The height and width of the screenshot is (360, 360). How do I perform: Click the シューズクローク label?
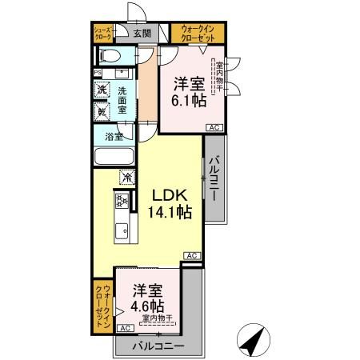(104, 33)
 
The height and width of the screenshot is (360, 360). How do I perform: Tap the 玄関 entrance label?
(141, 33)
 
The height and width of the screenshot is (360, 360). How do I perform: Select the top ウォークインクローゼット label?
(191, 33)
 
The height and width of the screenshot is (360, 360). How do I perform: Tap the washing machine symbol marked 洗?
(102, 91)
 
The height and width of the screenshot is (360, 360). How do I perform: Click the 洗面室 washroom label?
(124, 100)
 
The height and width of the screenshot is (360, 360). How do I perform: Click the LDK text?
(166, 194)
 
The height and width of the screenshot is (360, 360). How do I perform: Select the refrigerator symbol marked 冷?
(126, 176)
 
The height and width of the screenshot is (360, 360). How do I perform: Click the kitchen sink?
(122, 233)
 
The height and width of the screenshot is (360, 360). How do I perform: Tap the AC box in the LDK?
(192, 255)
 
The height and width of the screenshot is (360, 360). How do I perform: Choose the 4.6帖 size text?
(149, 306)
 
